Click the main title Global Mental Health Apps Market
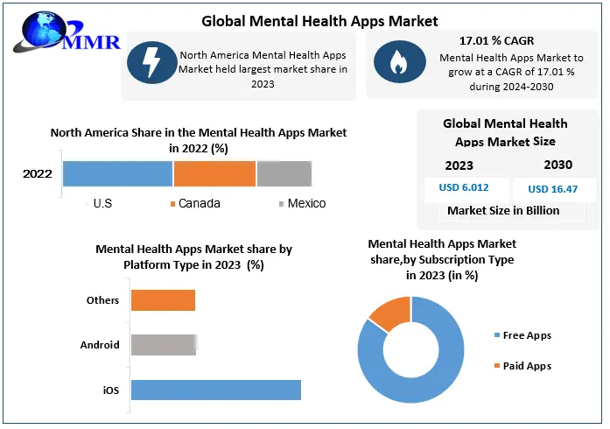click(319, 20)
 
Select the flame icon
click(396, 62)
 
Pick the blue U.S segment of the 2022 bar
click(117, 173)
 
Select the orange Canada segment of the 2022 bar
click(214, 173)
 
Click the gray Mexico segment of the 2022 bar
click(284, 173)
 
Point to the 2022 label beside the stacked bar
click(38, 173)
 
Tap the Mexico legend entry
click(302, 203)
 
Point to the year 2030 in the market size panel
click(557, 165)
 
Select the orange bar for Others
click(163, 300)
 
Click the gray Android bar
click(163, 344)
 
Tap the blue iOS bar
click(215, 390)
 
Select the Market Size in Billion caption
click(503, 210)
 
